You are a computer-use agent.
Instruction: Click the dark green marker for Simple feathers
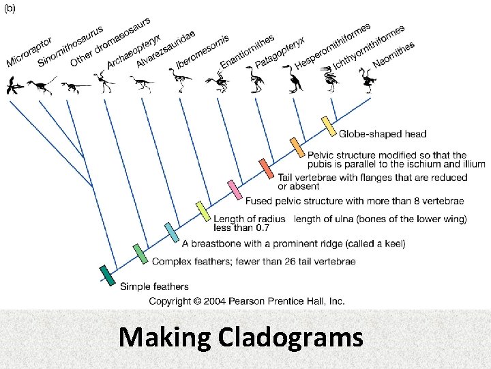pyautogui.click(x=108, y=275)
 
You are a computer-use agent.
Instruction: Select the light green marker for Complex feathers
pyautogui.click(x=140, y=254)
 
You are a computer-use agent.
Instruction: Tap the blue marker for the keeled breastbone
pyautogui.click(x=171, y=232)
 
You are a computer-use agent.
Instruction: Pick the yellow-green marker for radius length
pyautogui.click(x=203, y=211)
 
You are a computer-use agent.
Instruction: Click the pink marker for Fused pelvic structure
pyautogui.click(x=235, y=189)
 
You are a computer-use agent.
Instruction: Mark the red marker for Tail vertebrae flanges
pyautogui.click(x=266, y=168)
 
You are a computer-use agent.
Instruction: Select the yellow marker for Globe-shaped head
pyautogui.click(x=329, y=126)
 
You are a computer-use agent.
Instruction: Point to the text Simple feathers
pyautogui.click(x=154, y=286)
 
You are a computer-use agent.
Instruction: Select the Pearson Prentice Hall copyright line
pyautogui.click(x=247, y=301)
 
